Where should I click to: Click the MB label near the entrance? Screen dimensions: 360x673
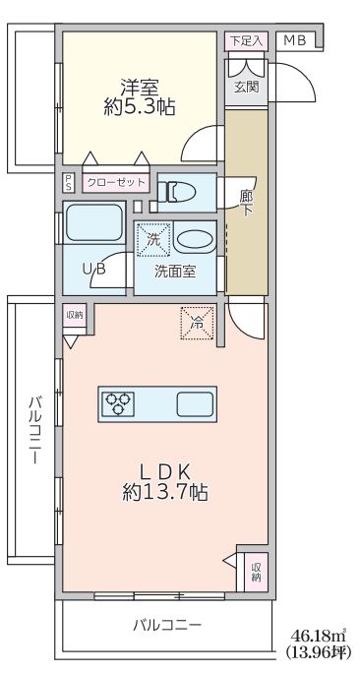pos(295,40)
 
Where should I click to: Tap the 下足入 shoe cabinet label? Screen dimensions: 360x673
pos(246,41)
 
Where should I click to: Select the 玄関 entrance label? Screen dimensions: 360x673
pos(246,87)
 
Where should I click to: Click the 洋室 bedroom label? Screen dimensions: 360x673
pos(140,88)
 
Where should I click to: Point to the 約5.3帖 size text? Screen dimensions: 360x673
pos(140,107)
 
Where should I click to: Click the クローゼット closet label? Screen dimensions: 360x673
pos(116,183)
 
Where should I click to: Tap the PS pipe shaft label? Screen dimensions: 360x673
pos(69,183)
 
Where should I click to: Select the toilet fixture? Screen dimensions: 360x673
pos(175,192)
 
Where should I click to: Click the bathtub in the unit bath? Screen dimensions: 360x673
pos(94,222)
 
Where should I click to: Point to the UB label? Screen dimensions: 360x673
pos(94,270)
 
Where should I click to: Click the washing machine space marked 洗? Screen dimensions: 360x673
pos(153,239)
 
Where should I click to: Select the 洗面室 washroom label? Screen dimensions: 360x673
pos(175,272)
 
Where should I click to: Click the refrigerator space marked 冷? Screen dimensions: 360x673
pos(198,323)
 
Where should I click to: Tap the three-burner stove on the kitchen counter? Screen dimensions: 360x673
pos(118,403)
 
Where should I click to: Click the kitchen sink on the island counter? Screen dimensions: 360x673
pos(195,403)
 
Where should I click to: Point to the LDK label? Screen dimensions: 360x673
pos(165,472)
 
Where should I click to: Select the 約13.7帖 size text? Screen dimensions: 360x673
pos(165,492)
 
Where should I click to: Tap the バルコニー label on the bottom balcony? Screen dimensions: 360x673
pos(167,625)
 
